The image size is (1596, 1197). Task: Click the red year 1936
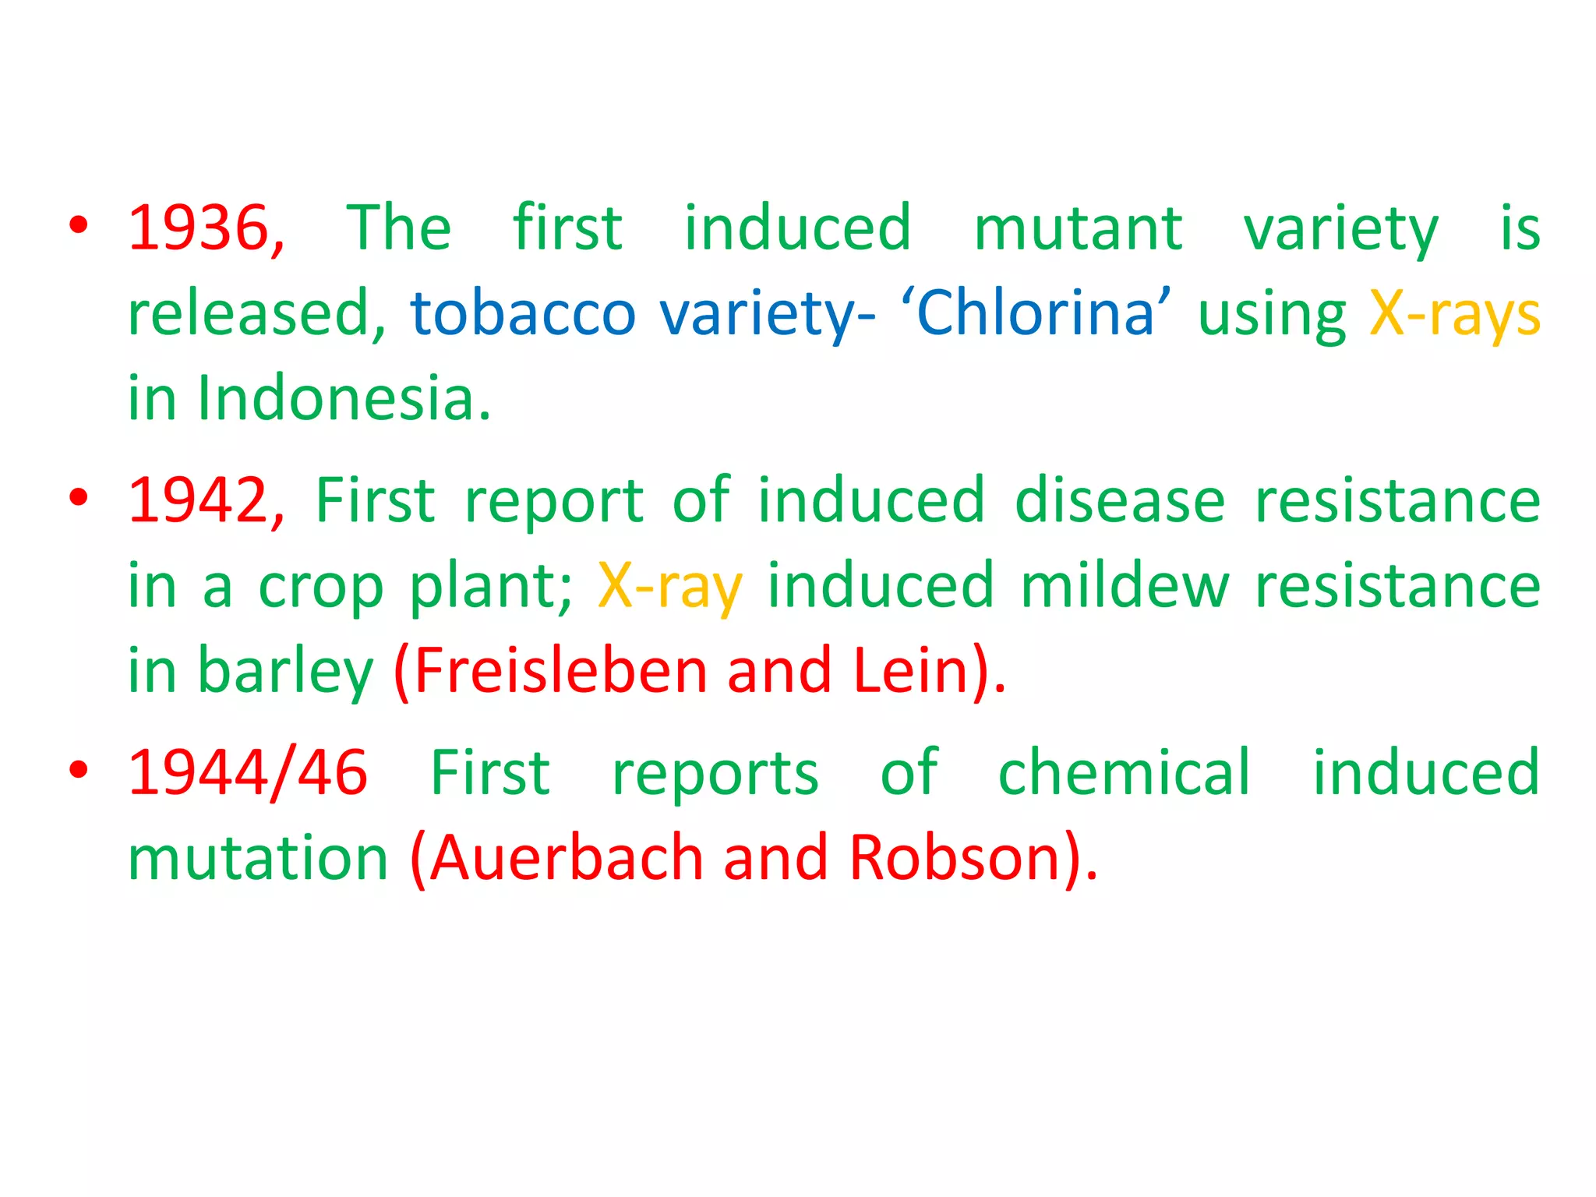point(199,228)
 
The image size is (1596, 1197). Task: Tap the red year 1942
point(199,500)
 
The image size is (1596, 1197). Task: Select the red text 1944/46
point(248,773)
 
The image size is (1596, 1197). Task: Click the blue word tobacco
point(523,313)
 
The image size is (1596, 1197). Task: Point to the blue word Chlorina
point(1034,313)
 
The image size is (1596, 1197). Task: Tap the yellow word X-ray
point(670,586)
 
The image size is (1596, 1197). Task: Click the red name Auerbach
point(567,858)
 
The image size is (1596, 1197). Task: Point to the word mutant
point(1078,228)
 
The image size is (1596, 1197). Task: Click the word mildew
point(1124,586)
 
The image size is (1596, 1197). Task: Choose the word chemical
point(1124,773)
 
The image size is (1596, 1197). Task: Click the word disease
point(1120,500)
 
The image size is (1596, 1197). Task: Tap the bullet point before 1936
point(79,226)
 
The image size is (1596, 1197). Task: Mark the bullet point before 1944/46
point(79,770)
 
